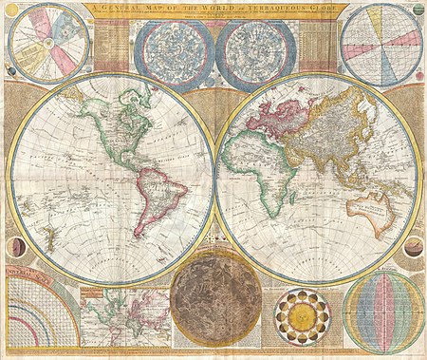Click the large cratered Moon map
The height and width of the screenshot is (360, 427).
[x=213, y=306]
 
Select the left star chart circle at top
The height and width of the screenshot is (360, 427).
[x=174, y=55]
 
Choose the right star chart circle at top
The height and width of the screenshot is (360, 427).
[x=255, y=55]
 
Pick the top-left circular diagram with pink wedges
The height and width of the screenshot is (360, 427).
[x=48, y=44]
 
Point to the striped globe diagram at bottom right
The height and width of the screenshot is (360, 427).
[x=383, y=313]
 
